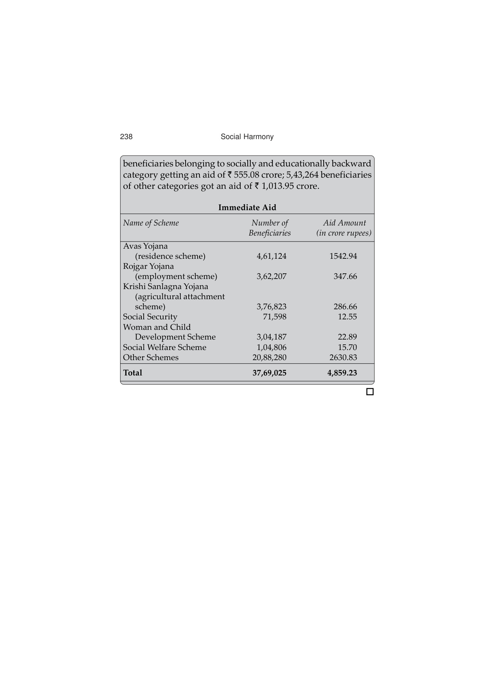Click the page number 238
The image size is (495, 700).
pos(126,137)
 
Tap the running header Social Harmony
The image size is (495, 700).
pos(247,137)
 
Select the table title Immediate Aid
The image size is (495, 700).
pos(247,208)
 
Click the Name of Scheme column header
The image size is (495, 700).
pos(151,223)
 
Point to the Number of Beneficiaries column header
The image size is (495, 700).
pos(269,228)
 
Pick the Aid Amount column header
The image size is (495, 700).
pos(344,228)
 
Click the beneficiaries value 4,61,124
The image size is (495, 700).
pos(271,256)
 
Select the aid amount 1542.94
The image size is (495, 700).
pos(343,256)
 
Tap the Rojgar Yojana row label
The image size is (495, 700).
pos(149,266)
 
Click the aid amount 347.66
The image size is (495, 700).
pos(345,276)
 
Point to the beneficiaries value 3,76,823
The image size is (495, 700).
pos(271,307)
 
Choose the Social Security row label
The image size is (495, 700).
pos(150,317)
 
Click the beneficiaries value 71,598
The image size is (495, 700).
pos(274,317)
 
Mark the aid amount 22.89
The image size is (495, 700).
pos(347,337)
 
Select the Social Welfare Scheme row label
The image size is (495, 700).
pos(165,347)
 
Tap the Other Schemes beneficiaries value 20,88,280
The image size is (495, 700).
pos(269,357)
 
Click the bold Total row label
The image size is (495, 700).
pos(132,373)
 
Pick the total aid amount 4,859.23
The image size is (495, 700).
pos(342,373)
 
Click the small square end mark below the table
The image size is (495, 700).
pos(370,392)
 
